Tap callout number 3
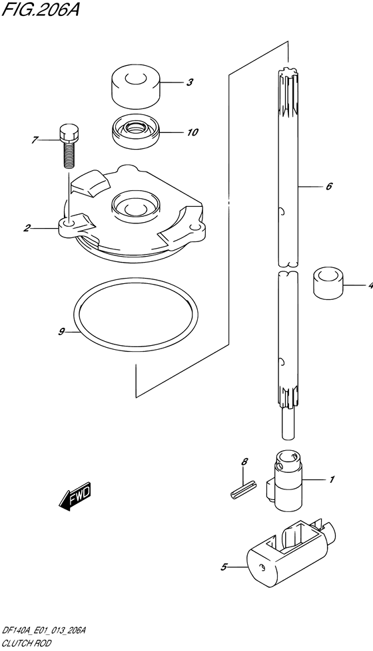(x=189, y=82)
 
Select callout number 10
(x=192, y=132)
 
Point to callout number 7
(x=35, y=140)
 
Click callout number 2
(x=27, y=228)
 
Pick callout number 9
(x=61, y=331)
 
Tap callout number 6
(x=329, y=186)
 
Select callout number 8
(x=244, y=461)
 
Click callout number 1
(x=332, y=479)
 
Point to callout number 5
(x=224, y=567)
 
